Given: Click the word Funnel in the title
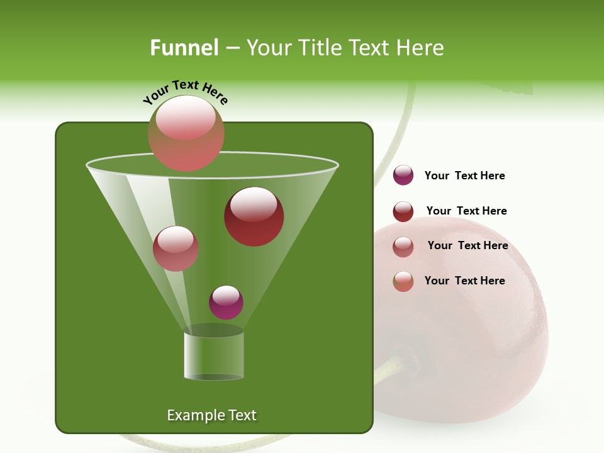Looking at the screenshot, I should [x=184, y=48].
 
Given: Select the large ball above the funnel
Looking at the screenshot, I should [x=186, y=133].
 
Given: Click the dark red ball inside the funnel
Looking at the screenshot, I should [x=254, y=216].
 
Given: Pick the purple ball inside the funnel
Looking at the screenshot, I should [x=226, y=303].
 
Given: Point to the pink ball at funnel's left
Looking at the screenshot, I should [x=176, y=249].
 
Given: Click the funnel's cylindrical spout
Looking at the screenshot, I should [x=213, y=355].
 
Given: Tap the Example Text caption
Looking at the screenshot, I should [x=211, y=415].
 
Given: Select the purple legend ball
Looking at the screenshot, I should [x=403, y=176].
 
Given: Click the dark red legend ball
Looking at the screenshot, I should [x=403, y=211].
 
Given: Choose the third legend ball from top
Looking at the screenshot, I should [x=403, y=247].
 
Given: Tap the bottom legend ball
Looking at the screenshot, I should [x=403, y=281].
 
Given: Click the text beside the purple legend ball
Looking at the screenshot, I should [x=464, y=176].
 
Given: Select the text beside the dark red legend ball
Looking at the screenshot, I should [x=466, y=211].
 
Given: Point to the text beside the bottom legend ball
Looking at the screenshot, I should [x=464, y=281].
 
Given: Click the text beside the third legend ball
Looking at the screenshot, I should [x=467, y=245].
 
